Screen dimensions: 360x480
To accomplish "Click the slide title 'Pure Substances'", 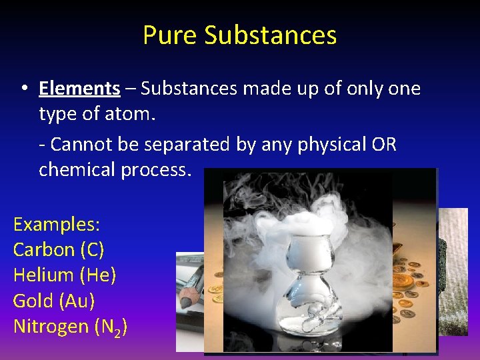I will pyautogui.click(x=239, y=35).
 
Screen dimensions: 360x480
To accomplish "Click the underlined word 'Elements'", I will pyautogui.click(x=79, y=88).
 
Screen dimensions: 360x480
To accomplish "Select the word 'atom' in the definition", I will pyautogui.click(x=133, y=114).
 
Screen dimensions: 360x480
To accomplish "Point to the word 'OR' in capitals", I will pyautogui.click(x=384, y=144).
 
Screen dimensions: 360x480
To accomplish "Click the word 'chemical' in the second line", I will pyautogui.click(x=77, y=169).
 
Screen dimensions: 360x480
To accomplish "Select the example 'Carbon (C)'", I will pyautogui.click(x=59, y=249).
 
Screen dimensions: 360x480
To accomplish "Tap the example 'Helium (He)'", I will pyautogui.click(x=64, y=275).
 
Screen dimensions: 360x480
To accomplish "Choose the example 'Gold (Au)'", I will pyautogui.click(x=54, y=301).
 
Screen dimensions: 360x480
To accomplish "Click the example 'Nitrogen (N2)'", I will pyautogui.click(x=70, y=327).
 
